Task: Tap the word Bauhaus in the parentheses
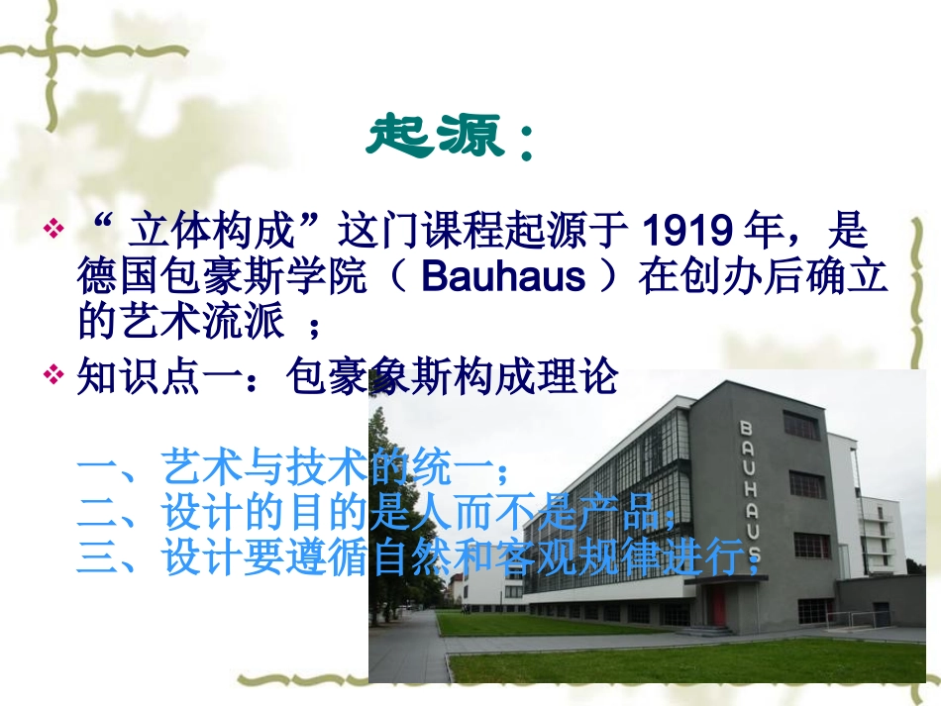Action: (503, 277)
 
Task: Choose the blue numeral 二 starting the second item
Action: (97, 513)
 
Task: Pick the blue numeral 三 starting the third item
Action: (97, 558)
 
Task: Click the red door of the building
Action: (718, 607)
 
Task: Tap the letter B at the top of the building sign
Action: (745, 428)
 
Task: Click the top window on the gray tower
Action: (801, 426)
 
